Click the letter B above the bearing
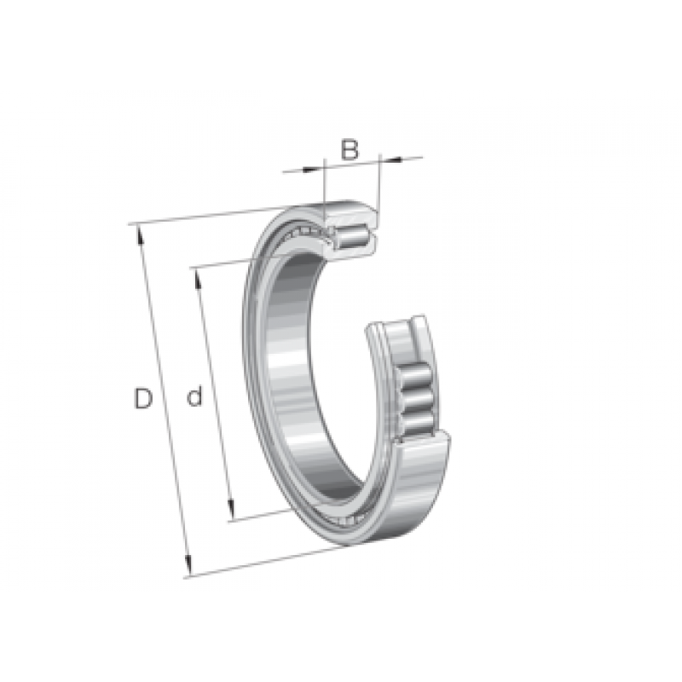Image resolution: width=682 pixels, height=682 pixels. pos(350,150)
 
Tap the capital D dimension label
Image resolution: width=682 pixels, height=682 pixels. pos(143,398)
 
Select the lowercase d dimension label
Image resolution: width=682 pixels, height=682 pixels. pos(194,395)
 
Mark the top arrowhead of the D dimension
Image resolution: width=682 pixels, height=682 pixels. pos(141,235)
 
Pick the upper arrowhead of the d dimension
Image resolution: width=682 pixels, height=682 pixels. pos(198,280)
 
